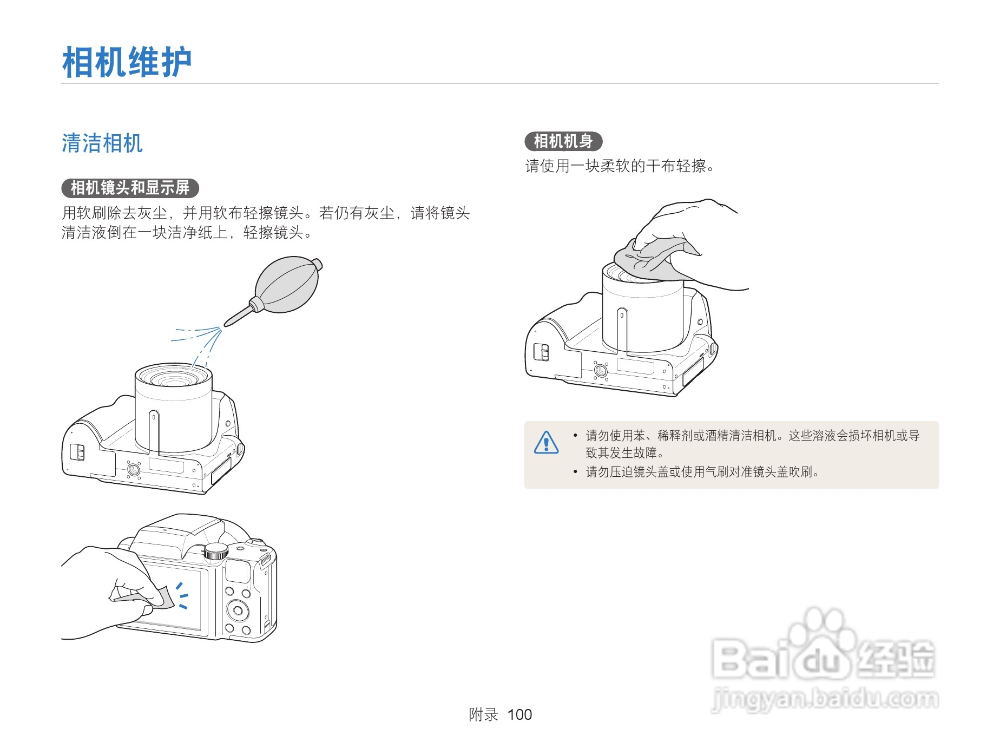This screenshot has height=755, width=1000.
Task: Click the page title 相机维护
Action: point(127,62)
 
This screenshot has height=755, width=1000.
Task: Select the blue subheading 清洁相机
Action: point(102,143)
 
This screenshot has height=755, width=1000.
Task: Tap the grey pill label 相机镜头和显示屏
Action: point(130,188)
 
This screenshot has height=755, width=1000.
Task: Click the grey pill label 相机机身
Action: point(563,141)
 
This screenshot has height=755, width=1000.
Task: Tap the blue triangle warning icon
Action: point(546,442)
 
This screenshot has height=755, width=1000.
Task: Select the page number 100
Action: point(519,714)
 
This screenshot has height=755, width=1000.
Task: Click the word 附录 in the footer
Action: point(483,714)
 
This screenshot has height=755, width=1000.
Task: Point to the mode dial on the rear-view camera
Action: point(216,551)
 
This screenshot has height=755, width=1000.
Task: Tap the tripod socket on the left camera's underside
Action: point(133,469)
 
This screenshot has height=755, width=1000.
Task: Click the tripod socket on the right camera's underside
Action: point(600,370)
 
